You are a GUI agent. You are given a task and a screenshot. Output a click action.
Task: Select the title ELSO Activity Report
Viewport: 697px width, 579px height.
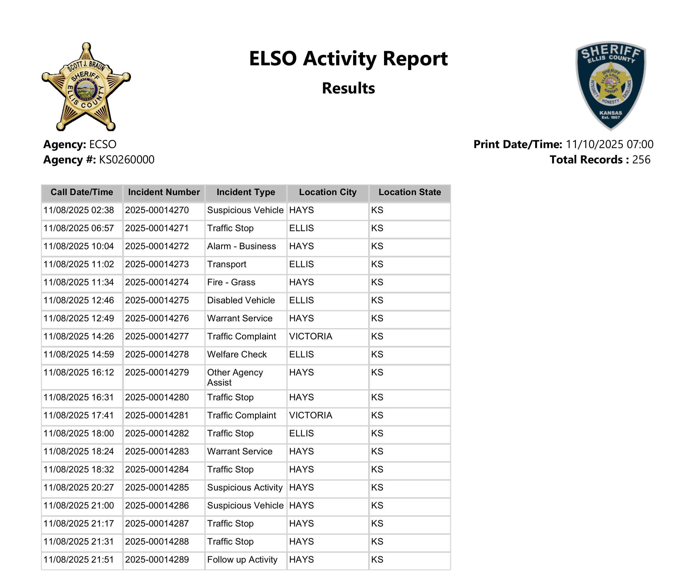click(x=348, y=58)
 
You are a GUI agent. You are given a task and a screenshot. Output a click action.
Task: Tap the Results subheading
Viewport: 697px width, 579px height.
click(x=348, y=88)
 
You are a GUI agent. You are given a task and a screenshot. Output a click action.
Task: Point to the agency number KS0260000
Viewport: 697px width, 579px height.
click(x=127, y=160)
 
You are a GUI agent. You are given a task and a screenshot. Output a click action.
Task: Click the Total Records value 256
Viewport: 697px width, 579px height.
click(x=641, y=160)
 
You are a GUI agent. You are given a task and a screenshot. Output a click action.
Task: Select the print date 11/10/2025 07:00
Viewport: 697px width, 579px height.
click(x=609, y=144)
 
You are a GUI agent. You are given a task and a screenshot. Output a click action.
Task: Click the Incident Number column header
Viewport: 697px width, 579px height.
click(x=164, y=192)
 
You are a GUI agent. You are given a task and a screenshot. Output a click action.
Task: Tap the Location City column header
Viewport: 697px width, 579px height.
click(x=327, y=192)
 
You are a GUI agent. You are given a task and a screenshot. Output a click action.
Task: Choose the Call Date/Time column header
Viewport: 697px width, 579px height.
click(x=82, y=192)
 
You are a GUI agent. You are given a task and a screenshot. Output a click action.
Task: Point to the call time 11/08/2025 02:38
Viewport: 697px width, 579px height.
click(x=79, y=210)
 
